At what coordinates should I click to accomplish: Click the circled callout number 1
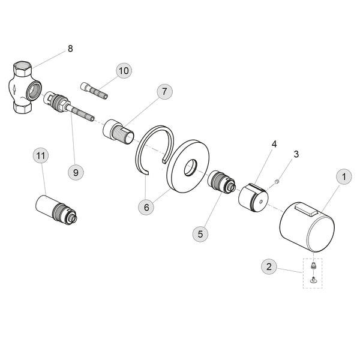(344, 177)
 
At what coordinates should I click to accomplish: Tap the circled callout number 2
(269, 266)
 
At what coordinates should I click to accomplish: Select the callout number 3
(296, 154)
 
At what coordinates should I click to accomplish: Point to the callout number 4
(274, 144)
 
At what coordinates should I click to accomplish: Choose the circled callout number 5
(200, 234)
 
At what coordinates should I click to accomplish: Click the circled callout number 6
(146, 208)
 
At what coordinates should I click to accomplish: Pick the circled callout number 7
(164, 92)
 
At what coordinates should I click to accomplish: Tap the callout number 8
(70, 49)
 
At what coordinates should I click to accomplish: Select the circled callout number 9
(76, 172)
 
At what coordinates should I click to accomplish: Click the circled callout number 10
(124, 70)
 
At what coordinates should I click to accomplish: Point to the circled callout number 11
(41, 156)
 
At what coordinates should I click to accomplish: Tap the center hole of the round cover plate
(191, 167)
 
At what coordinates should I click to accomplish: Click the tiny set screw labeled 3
(277, 182)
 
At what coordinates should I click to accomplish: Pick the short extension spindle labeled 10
(94, 91)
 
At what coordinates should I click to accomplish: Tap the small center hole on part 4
(261, 202)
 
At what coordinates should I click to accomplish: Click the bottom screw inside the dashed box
(313, 280)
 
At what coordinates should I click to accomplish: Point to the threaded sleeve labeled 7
(118, 132)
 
